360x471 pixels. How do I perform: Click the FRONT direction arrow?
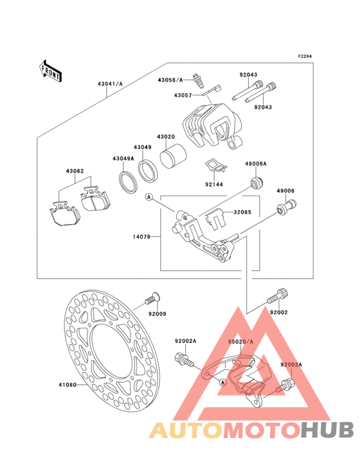[51, 71]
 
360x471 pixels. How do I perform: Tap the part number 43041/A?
[110, 84]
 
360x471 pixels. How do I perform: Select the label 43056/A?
[170, 80]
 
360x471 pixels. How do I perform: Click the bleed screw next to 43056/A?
[198, 80]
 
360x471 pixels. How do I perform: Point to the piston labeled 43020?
[173, 156]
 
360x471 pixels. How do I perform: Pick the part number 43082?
[75, 171]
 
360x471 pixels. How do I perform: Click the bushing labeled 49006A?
[256, 183]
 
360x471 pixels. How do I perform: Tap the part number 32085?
[243, 212]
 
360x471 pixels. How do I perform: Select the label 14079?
[141, 237]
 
